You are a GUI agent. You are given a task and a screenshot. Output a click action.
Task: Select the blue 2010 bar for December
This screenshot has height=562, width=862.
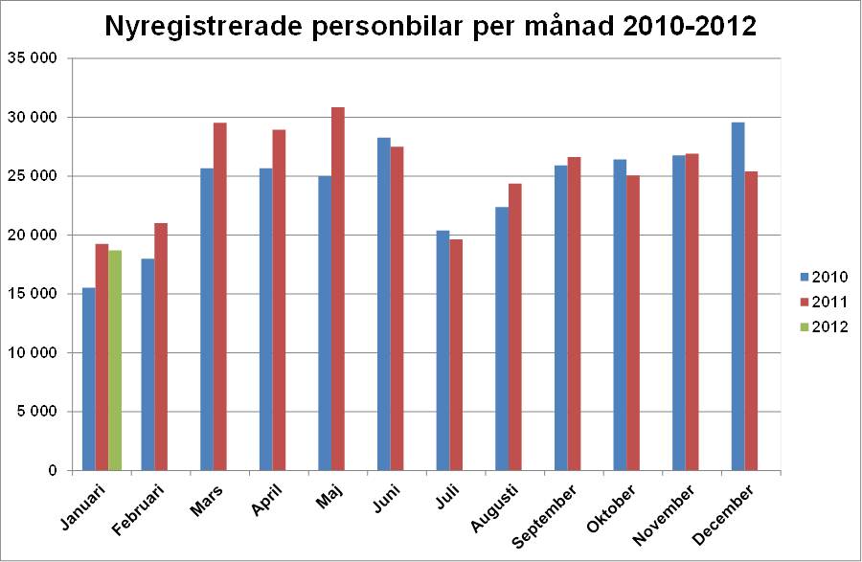point(737,297)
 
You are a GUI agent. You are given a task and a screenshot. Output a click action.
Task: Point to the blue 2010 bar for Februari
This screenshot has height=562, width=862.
point(147,365)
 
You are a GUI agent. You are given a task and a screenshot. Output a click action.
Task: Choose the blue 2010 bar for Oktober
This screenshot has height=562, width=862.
point(620,315)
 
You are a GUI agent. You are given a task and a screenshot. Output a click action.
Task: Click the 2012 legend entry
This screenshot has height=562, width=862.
point(823,326)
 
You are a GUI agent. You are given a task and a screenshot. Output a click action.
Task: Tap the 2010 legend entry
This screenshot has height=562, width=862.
point(823,278)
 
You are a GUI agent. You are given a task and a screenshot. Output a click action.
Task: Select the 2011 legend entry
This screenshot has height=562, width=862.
point(823,302)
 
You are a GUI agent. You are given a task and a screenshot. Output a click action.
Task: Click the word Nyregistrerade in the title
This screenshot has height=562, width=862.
point(207,27)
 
